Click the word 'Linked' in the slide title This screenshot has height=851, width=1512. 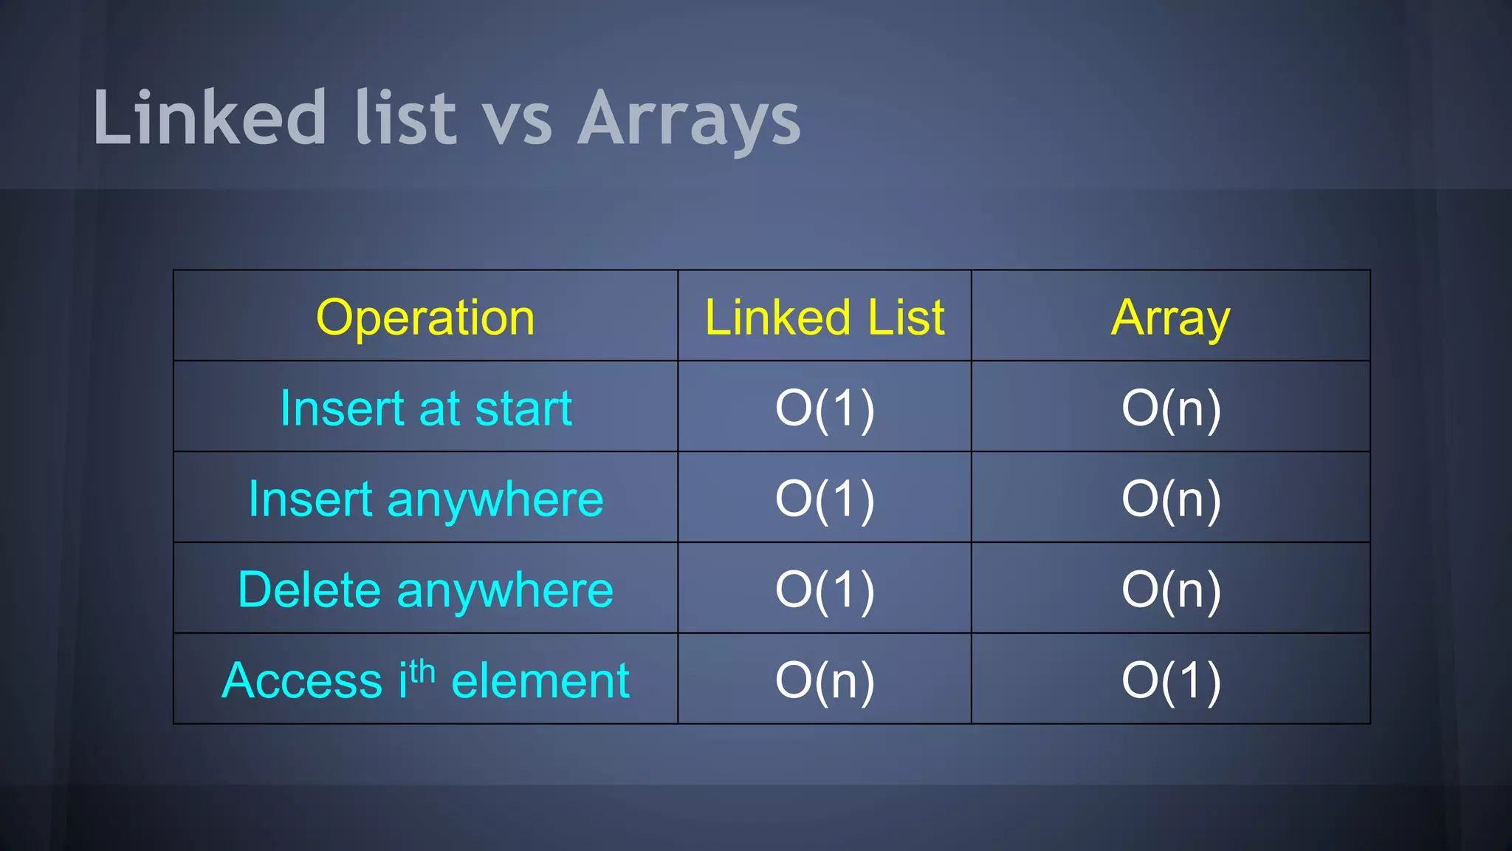pyautogui.click(x=210, y=118)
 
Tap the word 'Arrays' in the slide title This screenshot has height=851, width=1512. pyautogui.click(x=689, y=120)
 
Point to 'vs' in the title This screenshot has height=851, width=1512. pyautogui.click(x=517, y=122)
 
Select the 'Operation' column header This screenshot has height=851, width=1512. pyautogui.click(x=425, y=318)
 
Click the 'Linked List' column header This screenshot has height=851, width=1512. pyautogui.click(x=825, y=318)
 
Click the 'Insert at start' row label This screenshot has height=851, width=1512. pyautogui.click(x=426, y=409)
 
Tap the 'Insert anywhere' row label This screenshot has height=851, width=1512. pyautogui.click(x=426, y=499)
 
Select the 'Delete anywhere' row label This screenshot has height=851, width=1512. pyautogui.click(x=426, y=590)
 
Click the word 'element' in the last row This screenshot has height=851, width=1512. pyautogui.click(x=540, y=680)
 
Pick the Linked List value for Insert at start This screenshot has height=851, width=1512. pyautogui.click(x=825, y=409)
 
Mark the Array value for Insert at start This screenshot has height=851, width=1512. pyautogui.click(x=1171, y=409)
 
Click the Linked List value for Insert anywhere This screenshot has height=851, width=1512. pyautogui.click(x=825, y=499)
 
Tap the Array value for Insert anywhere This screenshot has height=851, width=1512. pyautogui.click(x=1171, y=499)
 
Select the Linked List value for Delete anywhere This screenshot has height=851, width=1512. pyautogui.click(x=825, y=590)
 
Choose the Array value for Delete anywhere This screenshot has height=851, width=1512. pyautogui.click(x=1171, y=590)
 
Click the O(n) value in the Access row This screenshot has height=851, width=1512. pyautogui.click(x=825, y=680)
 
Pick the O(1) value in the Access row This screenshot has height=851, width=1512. pyautogui.click(x=1171, y=680)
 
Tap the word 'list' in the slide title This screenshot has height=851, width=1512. pyautogui.click(x=405, y=118)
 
